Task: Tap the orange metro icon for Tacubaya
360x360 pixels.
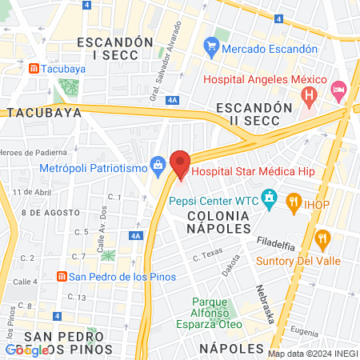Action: [32, 69]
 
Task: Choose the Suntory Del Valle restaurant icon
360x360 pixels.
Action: [323, 238]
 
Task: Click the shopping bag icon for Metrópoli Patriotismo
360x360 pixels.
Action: [158, 166]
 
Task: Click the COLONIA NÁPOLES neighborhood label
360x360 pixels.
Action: [218, 222]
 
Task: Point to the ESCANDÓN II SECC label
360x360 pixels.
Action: [254, 114]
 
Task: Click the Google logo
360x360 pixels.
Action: [26, 350]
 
